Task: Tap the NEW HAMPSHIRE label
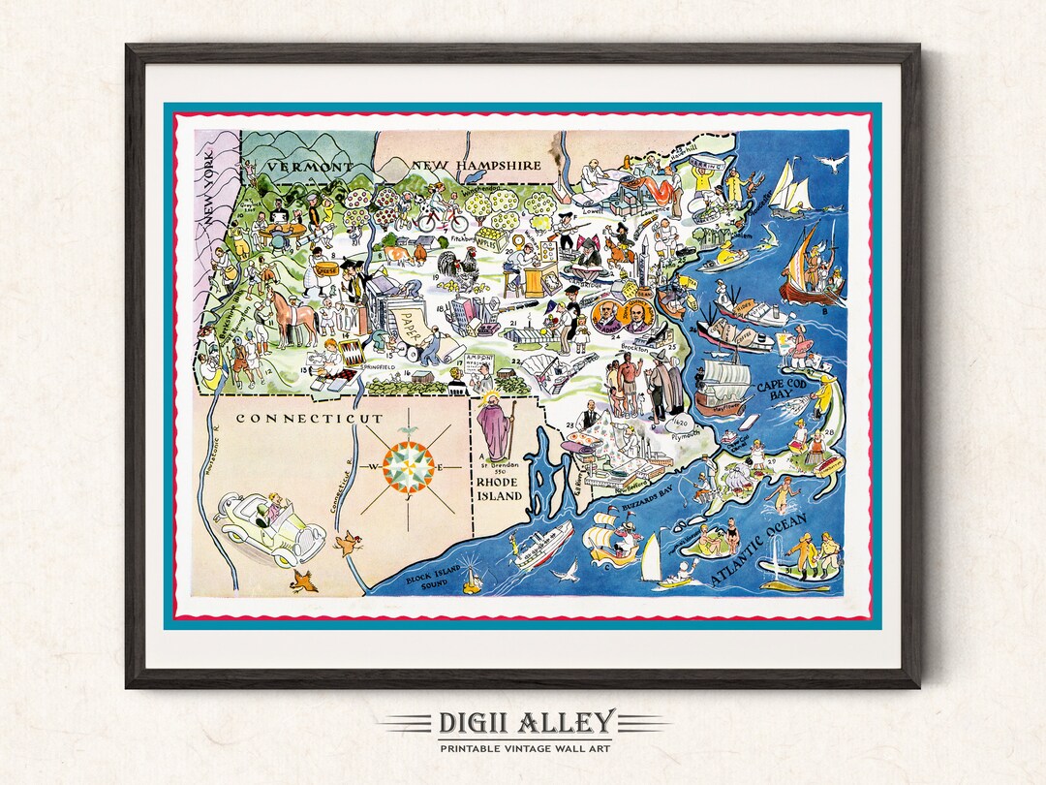click(x=476, y=166)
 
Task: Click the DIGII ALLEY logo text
click(x=523, y=723)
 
